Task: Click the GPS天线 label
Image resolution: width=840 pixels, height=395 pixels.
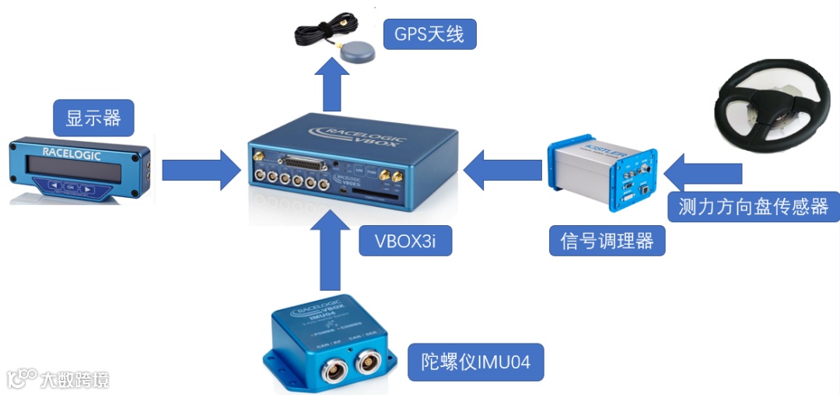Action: (429, 35)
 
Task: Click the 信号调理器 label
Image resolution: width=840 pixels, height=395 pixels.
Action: (607, 241)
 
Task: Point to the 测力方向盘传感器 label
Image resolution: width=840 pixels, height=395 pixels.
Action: (753, 206)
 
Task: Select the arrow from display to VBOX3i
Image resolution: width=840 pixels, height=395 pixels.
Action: (201, 171)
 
